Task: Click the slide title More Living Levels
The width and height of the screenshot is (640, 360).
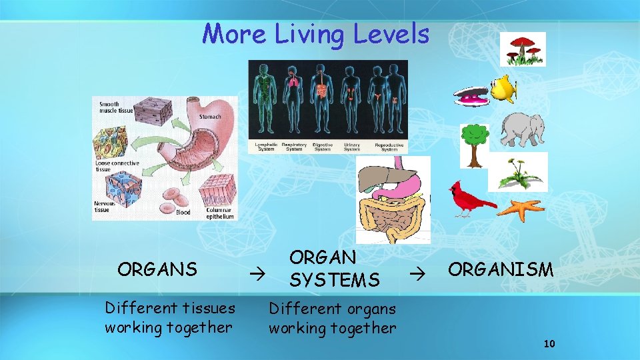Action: [x=316, y=33]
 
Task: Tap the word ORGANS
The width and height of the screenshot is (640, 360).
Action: [x=157, y=269]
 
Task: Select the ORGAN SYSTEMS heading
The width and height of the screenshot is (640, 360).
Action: [x=333, y=269]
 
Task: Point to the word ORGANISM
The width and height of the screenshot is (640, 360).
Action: [x=501, y=269]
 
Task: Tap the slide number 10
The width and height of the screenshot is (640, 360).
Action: [x=549, y=344]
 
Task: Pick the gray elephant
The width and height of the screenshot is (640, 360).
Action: [x=523, y=129]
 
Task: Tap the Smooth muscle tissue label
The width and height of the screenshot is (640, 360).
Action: [x=115, y=107]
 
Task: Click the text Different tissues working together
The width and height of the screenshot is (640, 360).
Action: [x=170, y=318]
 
